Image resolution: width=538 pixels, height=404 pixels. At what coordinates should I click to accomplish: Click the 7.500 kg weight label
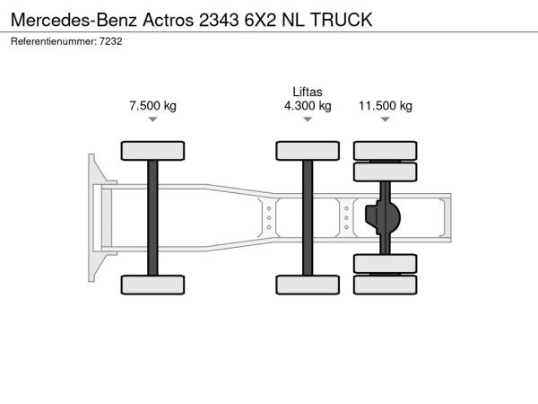click(152, 105)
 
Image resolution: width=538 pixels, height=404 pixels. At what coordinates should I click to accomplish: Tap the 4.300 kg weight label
click(308, 105)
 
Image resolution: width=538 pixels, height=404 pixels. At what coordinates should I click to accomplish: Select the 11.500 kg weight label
click(386, 105)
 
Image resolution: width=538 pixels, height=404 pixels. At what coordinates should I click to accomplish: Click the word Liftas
click(308, 92)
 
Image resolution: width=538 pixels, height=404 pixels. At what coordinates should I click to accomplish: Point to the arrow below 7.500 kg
click(152, 119)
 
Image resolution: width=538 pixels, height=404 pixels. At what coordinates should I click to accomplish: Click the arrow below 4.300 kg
click(308, 119)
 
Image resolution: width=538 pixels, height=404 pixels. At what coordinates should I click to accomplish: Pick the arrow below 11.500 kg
click(386, 119)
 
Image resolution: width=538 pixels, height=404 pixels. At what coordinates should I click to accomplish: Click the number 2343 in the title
click(219, 20)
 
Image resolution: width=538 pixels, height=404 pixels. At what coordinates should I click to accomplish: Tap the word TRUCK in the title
click(342, 20)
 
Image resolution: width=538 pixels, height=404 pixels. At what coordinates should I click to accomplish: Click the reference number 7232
click(111, 41)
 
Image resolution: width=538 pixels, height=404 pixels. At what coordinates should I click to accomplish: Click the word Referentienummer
click(54, 41)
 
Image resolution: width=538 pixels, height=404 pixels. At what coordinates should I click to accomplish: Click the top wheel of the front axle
click(152, 151)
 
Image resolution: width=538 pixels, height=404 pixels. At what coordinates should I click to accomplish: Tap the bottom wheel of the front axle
click(152, 285)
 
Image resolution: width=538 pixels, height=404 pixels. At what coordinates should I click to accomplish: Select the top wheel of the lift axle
click(308, 151)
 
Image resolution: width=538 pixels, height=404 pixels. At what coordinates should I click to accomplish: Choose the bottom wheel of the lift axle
click(308, 285)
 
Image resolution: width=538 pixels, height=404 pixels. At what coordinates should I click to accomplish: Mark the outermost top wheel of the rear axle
click(386, 151)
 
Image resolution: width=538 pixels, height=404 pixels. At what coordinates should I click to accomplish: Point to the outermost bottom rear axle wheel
click(386, 285)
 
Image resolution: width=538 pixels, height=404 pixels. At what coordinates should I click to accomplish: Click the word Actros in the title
click(169, 20)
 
